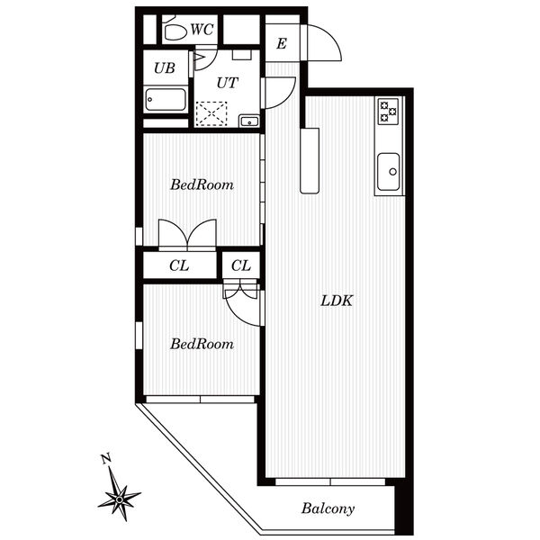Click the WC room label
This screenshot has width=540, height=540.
click(202, 30)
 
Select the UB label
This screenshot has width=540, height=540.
click(165, 68)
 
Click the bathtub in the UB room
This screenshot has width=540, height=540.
click(166, 100)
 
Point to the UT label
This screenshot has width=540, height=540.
click(228, 83)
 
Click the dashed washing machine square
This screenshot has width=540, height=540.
click(211, 113)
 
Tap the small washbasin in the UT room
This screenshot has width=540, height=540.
click(249, 121)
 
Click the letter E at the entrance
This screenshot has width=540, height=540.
click(282, 44)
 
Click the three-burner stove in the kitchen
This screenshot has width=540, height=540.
click(388, 112)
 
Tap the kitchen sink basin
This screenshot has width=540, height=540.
click(389, 172)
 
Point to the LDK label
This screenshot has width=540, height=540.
click(337, 301)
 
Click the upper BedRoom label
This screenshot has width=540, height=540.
click(202, 184)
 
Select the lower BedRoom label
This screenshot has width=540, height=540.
click(202, 344)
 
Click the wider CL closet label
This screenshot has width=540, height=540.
click(179, 265)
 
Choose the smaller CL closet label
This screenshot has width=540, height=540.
click(240, 265)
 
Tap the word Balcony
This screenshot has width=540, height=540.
click(328, 508)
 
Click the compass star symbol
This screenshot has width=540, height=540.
click(119, 499)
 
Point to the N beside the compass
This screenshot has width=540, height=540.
click(106, 459)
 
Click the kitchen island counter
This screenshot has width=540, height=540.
click(310, 161)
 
